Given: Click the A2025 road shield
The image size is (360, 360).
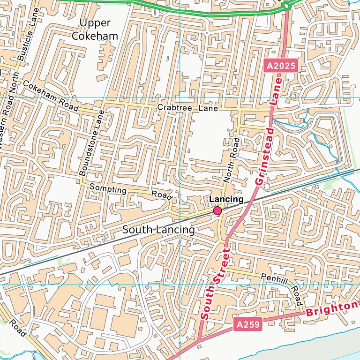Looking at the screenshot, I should click(x=281, y=66).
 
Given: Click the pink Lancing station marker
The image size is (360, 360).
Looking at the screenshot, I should click(x=217, y=211).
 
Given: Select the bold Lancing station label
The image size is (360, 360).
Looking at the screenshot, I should click(x=226, y=199).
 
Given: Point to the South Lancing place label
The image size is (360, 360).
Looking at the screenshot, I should click(x=158, y=230).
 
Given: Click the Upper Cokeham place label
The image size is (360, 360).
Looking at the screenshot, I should click(x=98, y=29).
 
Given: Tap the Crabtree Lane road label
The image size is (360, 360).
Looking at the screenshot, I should click(x=187, y=108).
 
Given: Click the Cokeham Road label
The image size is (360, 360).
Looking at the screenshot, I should click(x=50, y=96).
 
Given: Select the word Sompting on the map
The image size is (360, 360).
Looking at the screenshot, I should click(x=108, y=189).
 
